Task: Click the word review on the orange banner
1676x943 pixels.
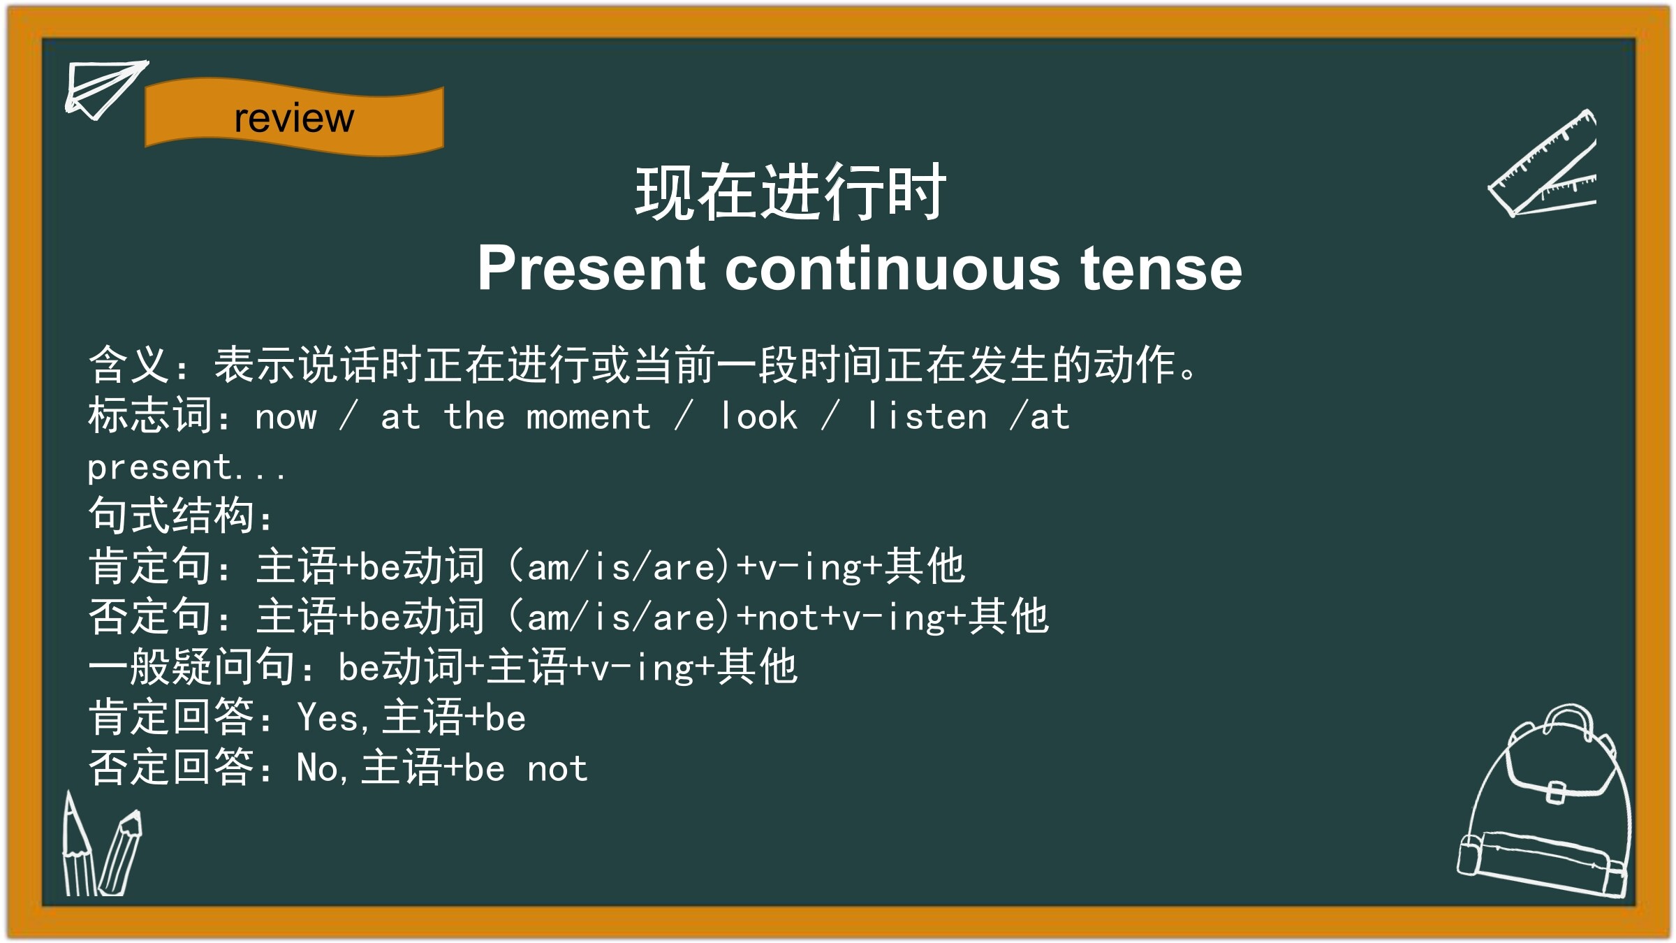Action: pos(294,118)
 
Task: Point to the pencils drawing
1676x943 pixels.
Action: pos(101,845)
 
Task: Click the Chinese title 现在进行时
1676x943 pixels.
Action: pos(791,193)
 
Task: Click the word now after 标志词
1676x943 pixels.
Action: pos(286,418)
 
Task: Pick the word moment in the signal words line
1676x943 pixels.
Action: pos(588,417)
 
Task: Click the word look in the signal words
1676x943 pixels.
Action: pos(759,416)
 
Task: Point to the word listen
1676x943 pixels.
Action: pos(927,416)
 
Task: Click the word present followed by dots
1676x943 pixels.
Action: pos(186,467)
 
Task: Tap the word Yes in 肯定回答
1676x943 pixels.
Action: pos(328,717)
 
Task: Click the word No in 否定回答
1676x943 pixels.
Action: pos(318,768)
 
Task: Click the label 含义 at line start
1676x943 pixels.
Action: pos(129,365)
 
